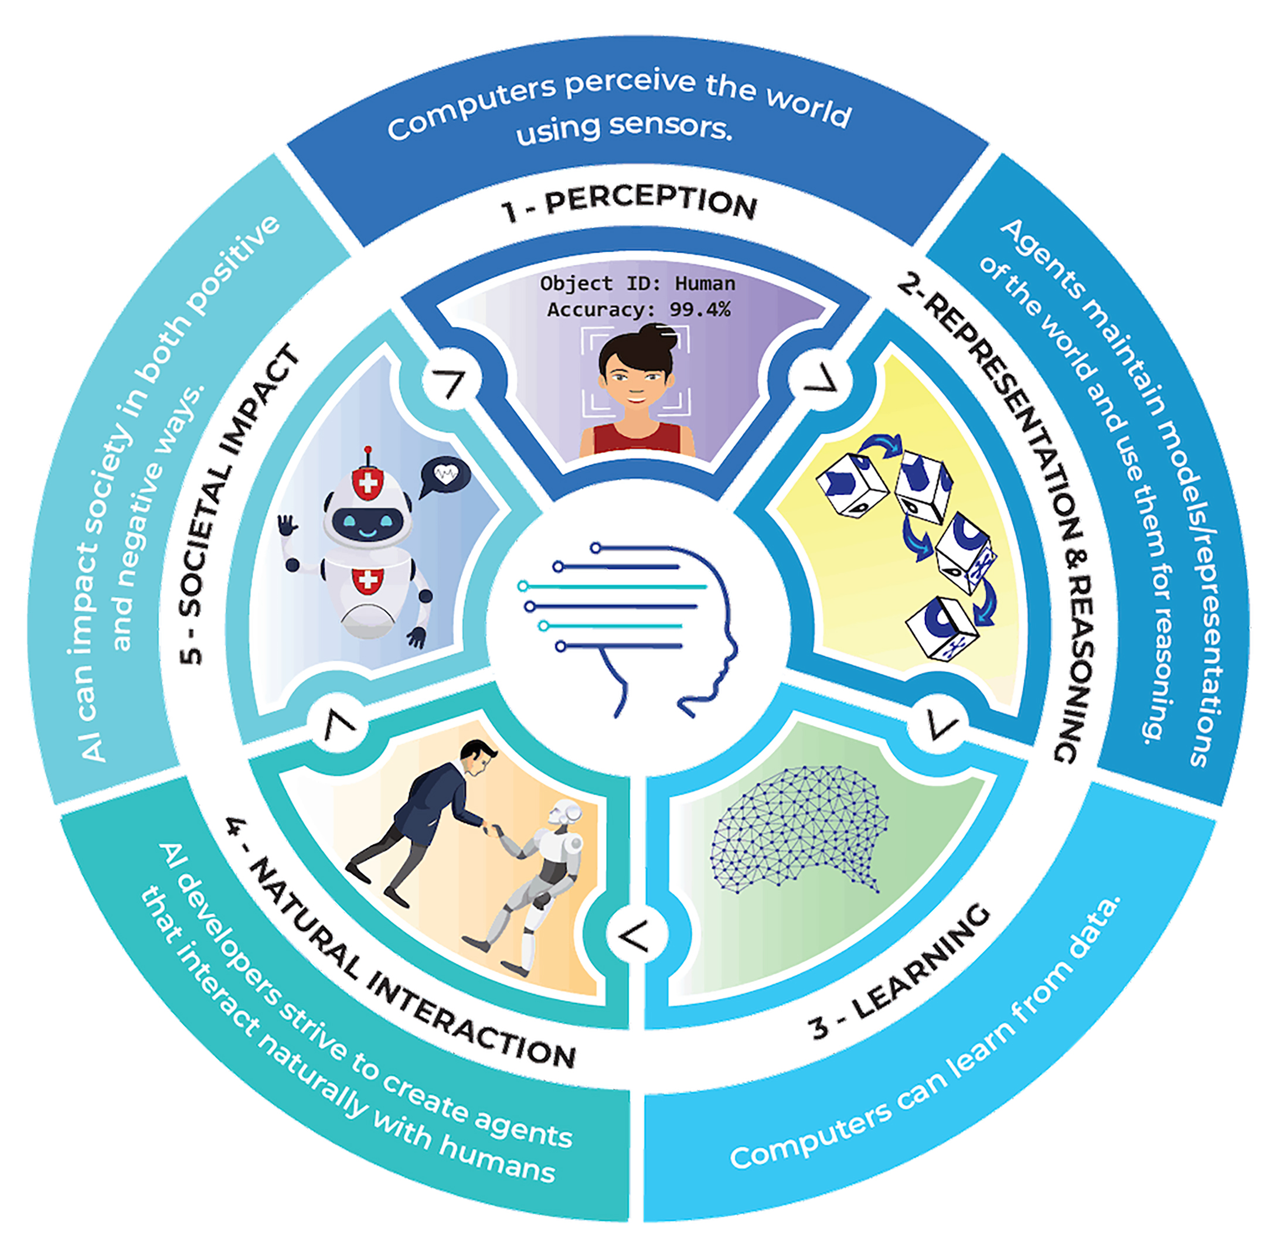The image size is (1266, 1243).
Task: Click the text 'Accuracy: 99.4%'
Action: (638, 309)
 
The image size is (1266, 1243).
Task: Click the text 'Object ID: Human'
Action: (637, 284)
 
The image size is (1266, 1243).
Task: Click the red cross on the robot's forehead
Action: (367, 483)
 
